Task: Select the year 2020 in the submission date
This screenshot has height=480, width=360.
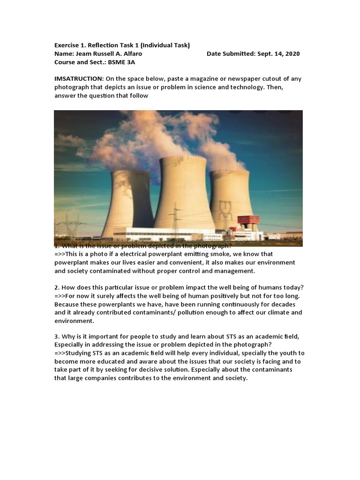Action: pos(291,54)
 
